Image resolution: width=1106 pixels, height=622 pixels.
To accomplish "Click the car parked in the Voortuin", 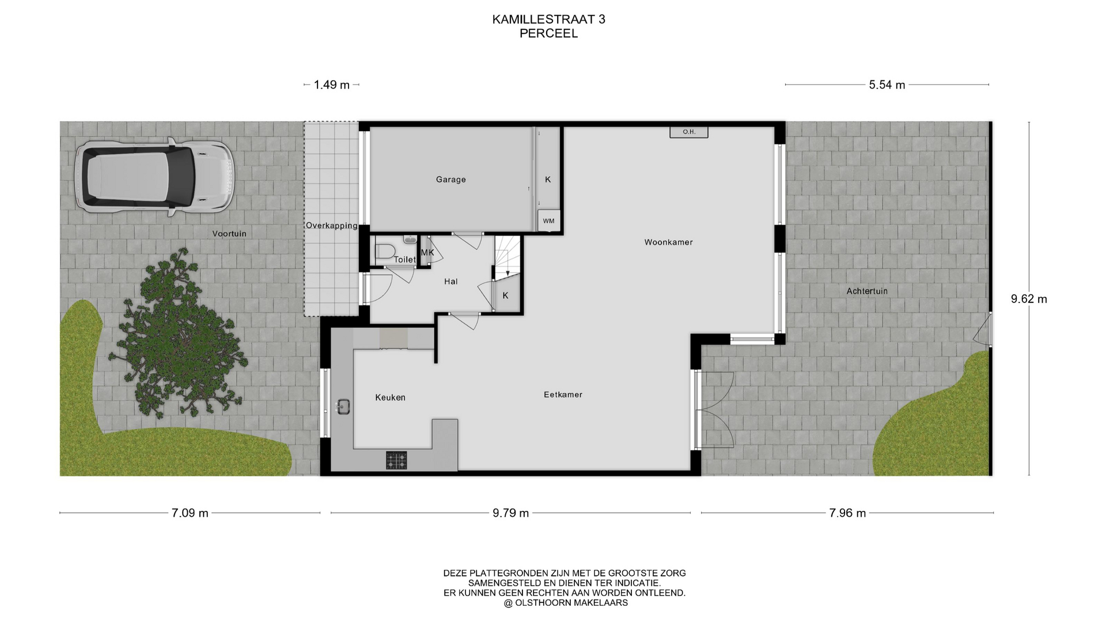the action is [x=154, y=177].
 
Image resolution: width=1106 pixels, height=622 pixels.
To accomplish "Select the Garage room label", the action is [x=450, y=180].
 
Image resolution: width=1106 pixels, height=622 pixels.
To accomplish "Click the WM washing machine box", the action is [x=548, y=221].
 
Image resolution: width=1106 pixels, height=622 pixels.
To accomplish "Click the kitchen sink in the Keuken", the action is [x=343, y=406].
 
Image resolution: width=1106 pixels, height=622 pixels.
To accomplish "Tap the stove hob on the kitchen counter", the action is [x=396, y=460].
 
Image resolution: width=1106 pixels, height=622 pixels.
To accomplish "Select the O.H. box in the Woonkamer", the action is [x=689, y=132].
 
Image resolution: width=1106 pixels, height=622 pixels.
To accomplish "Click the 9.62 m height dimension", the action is [x=1029, y=299].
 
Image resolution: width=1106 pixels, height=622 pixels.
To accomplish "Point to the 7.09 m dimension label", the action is [x=190, y=513].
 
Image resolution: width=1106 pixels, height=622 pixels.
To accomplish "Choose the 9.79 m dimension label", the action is [x=510, y=513].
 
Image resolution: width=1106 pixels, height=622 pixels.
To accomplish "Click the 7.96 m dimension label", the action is [x=847, y=513].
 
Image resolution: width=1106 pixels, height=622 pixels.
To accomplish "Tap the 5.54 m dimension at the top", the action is [x=887, y=85].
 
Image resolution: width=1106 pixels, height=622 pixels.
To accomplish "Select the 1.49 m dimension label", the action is [x=332, y=85].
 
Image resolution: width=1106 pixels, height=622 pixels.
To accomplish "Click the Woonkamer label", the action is [x=668, y=242].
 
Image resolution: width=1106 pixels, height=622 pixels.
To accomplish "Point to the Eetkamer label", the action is [x=563, y=395].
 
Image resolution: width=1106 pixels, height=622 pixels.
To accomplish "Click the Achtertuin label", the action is [x=867, y=291].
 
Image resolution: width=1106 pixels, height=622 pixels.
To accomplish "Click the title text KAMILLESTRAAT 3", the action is [x=548, y=20].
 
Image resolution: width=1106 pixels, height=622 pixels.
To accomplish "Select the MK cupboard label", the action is [x=427, y=253].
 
